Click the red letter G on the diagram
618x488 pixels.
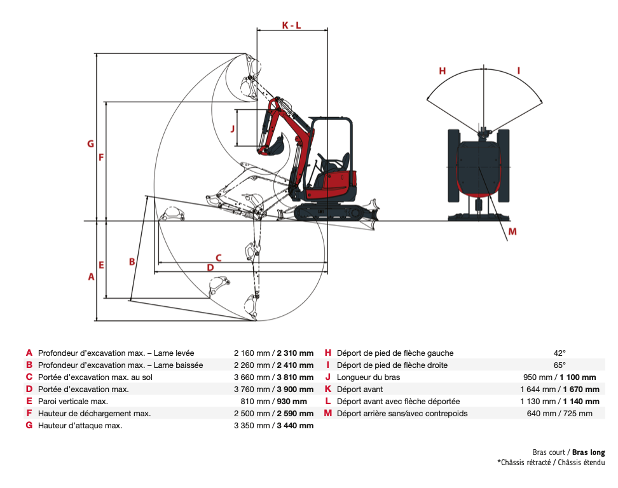pyautogui.click(x=91, y=144)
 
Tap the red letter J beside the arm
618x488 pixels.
pyautogui.click(x=233, y=128)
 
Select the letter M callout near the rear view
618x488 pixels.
pyautogui.click(x=512, y=231)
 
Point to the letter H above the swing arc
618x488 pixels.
pyautogui.click(x=443, y=71)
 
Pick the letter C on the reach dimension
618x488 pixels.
pyautogui.click(x=218, y=257)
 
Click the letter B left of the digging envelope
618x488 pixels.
pyautogui.click(x=132, y=261)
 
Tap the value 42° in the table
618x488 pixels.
pyautogui.click(x=560, y=353)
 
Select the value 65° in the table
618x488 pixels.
pyautogui.click(x=560, y=365)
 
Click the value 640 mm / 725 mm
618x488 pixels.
pyautogui.click(x=560, y=414)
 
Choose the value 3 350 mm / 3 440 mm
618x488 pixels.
pyautogui.click(x=273, y=426)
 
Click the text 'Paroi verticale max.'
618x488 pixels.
pyautogui.click(x=73, y=402)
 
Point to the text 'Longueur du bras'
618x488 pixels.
pyautogui.click(x=369, y=377)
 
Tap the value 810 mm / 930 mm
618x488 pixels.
pyautogui.click(x=273, y=402)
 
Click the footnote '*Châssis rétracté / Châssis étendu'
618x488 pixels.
pyautogui.click(x=551, y=463)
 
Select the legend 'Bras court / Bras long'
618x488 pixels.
pyautogui.click(x=568, y=452)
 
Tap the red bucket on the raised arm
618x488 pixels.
pyautogui.click(x=273, y=146)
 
